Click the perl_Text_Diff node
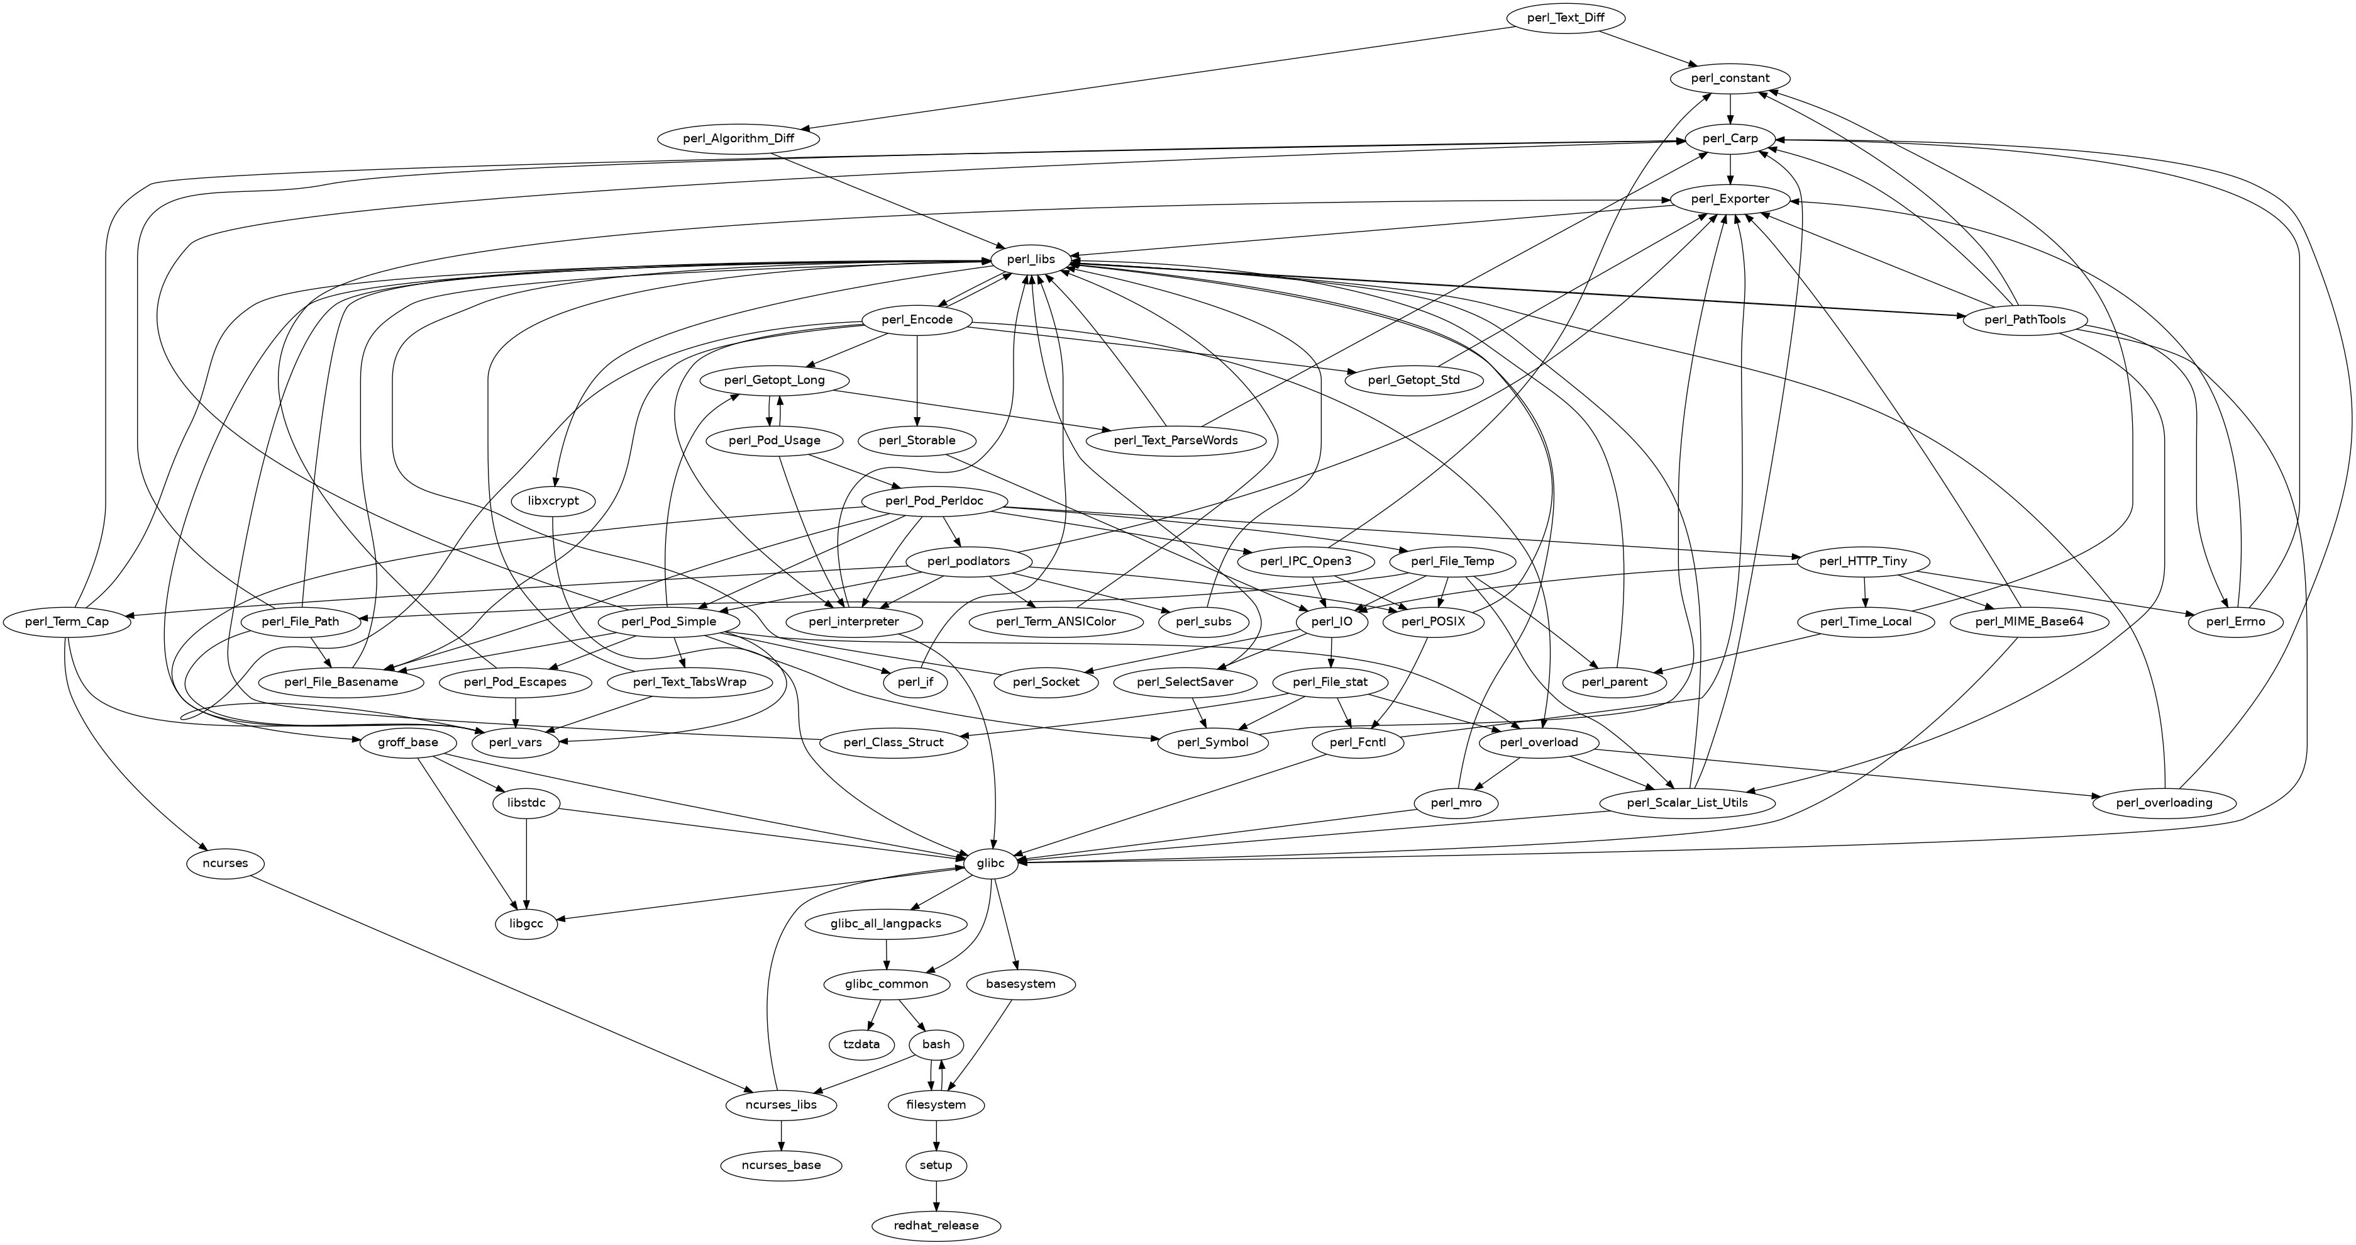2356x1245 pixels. click(1565, 18)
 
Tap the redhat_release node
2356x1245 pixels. click(936, 1225)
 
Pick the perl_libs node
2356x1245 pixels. click(1031, 260)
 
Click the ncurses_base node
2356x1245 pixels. click(781, 1165)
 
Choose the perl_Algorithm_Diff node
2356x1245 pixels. click(738, 139)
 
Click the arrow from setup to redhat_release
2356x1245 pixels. click(936, 1195)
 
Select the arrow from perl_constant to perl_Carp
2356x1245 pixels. click(1730, 108)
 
